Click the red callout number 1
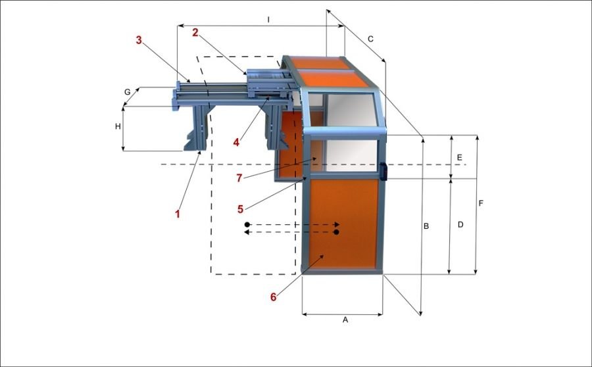pos(177,214)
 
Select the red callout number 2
pos(195,32)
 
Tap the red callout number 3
pos(139,39)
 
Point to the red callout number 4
pos(236,142)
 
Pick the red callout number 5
pos(241,208)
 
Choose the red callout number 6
pos(274,297)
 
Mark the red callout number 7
pos(239,178)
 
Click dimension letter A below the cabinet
pos(345,320)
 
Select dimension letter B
pos(426,226)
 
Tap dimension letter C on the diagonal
pos(370,39)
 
